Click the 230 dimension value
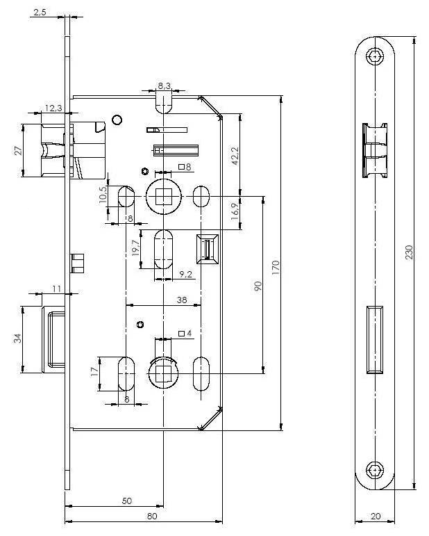point(409,252)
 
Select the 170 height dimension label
point(276,268)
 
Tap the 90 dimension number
point(258,286)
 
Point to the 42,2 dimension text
point(235,156)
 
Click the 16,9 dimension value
point(235,211)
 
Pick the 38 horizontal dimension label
point(182,300)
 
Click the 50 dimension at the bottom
point(127,501)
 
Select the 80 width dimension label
point(152,516)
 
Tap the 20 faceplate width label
point(376,516)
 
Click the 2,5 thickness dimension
point(40,13)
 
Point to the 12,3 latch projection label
point(53,108)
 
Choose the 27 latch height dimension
point(18,150)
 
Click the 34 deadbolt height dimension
point(18,338)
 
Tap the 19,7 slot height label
point(135,248)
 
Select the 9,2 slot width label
point(185,274)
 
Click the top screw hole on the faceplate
point(375,56)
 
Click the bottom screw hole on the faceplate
point(375,471)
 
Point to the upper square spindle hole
point(163,197)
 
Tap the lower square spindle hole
point(163,373)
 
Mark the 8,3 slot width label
point(164,86)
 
